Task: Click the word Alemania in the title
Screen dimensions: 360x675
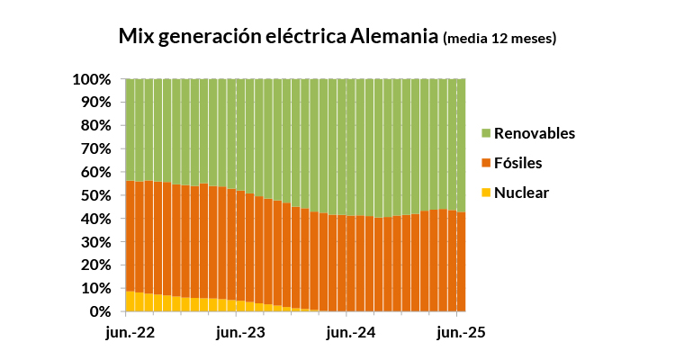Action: click(394, 37)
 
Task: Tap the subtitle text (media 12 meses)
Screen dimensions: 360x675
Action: click(499, 39)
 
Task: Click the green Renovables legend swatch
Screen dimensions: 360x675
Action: click(486, 134)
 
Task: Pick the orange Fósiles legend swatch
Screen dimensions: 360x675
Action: click(486, 164)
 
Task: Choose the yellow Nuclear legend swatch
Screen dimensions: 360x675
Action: click(486, 193)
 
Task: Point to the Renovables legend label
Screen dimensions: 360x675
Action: click(535, 134)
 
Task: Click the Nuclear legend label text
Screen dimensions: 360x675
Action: click(521, 193)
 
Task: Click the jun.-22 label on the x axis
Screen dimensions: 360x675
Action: click(130, 333)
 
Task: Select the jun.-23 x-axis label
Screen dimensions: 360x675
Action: click(241, 333)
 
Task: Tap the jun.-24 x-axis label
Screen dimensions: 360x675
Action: click(351, 333)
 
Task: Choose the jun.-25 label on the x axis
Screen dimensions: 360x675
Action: click(461, 333)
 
